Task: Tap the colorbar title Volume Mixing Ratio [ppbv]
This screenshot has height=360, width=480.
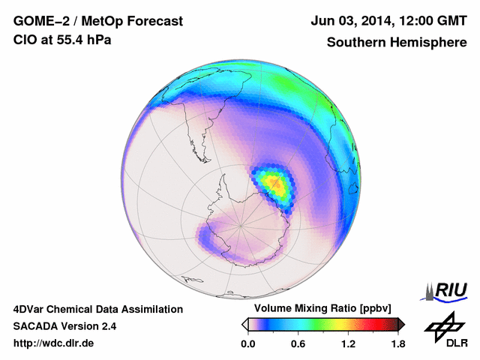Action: (319, 308)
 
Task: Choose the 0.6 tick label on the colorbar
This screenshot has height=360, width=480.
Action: (297, 344)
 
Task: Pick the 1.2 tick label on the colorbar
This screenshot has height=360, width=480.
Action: (347, 344)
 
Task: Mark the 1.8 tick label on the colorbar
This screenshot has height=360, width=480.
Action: (397, 344)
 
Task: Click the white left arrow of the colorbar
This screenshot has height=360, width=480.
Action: (244, 324)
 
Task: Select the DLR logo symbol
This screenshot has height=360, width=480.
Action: (443, 324)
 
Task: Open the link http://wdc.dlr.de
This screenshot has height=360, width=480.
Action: (54, 343)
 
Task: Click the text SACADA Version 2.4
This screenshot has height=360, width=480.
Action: (64, 326)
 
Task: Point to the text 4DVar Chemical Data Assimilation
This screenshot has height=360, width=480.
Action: (97, 309)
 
